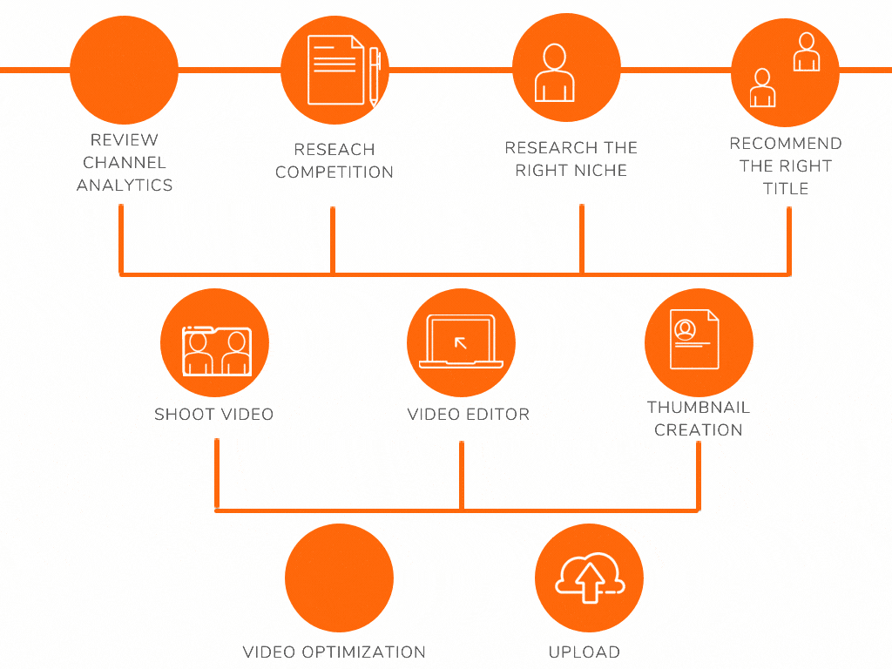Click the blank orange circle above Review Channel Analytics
[124, 70]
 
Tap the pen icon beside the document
[375, 76]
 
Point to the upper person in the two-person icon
[807, 52]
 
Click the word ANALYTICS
[125, 185]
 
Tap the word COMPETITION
[334, 172]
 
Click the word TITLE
[786, 188]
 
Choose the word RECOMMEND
[786, 143]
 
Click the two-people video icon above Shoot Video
[215, 351]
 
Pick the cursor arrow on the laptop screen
[461, 342]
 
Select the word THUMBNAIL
[699, 407]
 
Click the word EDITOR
[498, 415]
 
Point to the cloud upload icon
[589, 579]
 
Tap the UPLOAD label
[585, 652]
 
